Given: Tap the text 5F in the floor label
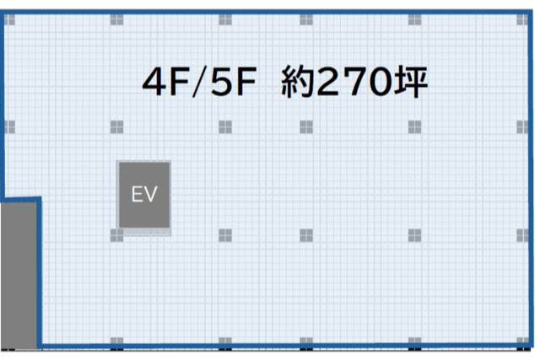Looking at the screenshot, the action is tap(234, 82).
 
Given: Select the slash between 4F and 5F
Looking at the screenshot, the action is tap(200, 82).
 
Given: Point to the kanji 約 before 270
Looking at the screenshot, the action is tap(297, 82).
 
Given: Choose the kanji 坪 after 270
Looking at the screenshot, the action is tap(411, 82).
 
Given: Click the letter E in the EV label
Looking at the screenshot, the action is tap(137, 194).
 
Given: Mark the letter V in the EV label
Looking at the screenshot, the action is tap(150, 194).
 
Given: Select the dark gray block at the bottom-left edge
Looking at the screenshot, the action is tap(19, 276).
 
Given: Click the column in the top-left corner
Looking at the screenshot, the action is tap(9, 19).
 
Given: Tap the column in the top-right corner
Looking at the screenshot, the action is tap(522, 19).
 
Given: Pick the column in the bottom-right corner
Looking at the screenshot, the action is tap(522, 341).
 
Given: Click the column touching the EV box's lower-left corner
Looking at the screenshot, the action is tap(116, 235).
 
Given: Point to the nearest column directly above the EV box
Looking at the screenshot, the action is tap(116, 127).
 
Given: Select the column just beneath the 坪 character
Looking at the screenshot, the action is tap(414, 127).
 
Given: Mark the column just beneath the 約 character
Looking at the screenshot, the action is tap(306, 127).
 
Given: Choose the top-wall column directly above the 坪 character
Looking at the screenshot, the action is tap(414, 19).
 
